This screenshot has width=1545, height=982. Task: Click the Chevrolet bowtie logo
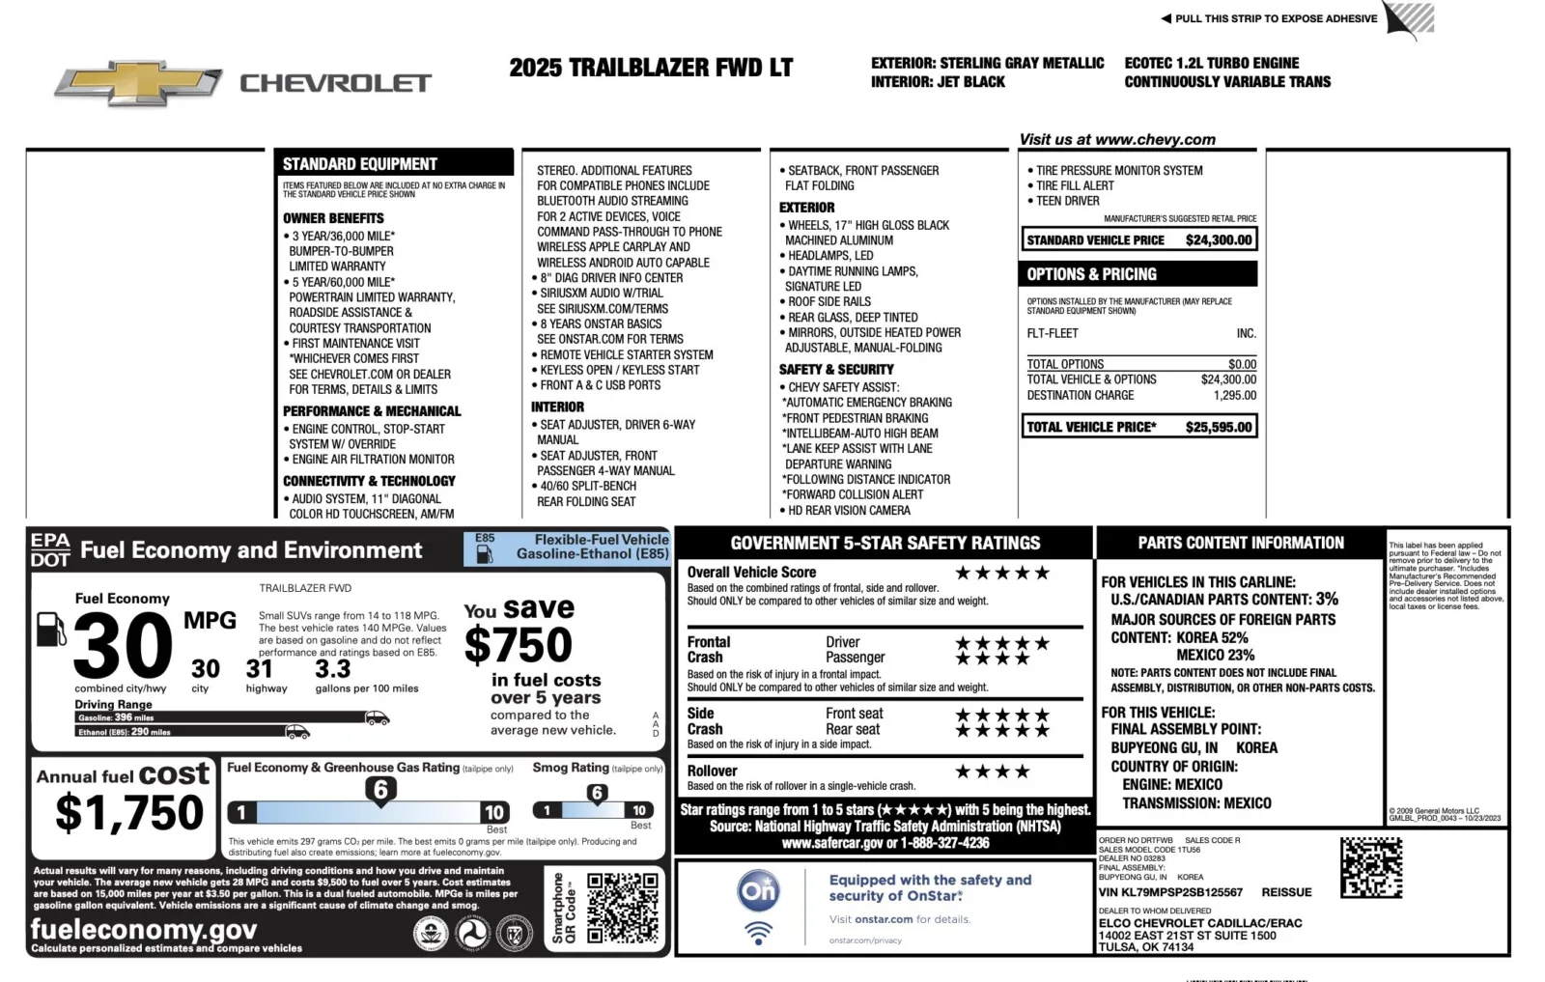pos(138,85)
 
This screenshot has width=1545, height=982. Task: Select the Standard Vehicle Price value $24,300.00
pos(1218,240)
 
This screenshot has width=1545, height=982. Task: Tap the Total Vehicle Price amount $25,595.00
pos(1218,427)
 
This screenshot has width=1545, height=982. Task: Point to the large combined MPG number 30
pos(123,646)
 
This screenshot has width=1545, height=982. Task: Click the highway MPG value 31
pos(259,668)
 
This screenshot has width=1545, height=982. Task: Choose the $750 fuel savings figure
pos(519,645)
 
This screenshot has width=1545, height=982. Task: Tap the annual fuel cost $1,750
pos(129,812)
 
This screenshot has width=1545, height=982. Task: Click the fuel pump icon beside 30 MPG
pos(50,630)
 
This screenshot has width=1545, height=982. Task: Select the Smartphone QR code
pos(622,907)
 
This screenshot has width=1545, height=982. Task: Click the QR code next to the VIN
pos(1370,867)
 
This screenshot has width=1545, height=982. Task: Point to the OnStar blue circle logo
pos(758,890)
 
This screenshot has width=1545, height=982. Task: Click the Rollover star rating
pos(992,772)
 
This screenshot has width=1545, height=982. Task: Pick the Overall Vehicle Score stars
pos(1001,573)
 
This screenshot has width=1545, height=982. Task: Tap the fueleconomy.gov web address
pos(144,929)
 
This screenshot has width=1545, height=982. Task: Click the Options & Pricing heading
pos(1091,274)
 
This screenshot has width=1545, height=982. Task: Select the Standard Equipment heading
pos(360,164)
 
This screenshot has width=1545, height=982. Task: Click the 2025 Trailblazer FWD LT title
pos(651,68)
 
